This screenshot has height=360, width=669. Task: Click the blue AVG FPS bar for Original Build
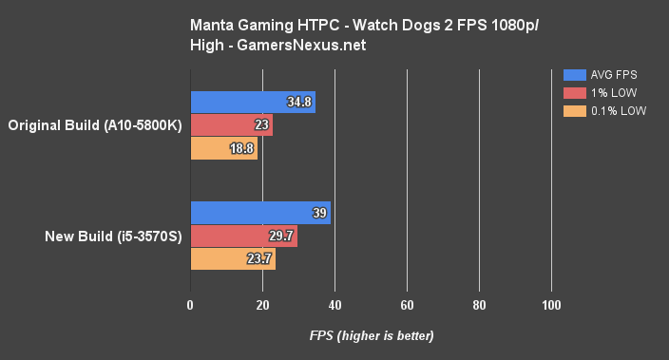[253, 103]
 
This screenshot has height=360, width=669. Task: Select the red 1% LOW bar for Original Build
[231, 125]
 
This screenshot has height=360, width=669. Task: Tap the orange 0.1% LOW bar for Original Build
[223, 148]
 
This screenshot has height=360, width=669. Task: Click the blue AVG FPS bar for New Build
[260, 214]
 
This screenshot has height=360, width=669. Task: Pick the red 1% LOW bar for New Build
[243, 237]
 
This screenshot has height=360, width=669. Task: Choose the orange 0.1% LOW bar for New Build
[233, 259]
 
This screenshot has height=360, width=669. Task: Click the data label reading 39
[320, 214]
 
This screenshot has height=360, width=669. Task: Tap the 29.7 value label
[282, 237]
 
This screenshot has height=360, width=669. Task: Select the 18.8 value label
[243, 148]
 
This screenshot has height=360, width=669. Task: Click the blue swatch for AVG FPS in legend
[574, 74]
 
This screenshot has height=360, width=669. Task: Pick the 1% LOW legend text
[613, 93]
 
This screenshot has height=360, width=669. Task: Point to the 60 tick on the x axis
[407, 305]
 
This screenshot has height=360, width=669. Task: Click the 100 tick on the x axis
[551, 305]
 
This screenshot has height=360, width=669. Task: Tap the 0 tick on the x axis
[191, 305]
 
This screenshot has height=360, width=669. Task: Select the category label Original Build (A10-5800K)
[94, 125]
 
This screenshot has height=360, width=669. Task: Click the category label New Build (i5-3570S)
[110, 237]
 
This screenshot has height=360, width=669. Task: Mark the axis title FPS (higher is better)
[371, 336]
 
